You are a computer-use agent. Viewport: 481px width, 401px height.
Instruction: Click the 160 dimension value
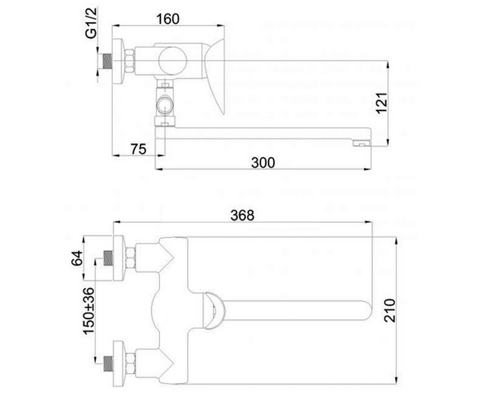click(x=168, y=19)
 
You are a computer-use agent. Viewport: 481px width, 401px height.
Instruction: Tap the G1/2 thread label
click(x=91, y=23)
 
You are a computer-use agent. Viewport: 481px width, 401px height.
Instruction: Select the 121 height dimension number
click(x=382, y=103)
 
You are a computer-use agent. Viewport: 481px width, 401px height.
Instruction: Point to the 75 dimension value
click(x=139, y=149)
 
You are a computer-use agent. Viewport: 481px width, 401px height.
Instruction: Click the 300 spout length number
click(x=263, y=163)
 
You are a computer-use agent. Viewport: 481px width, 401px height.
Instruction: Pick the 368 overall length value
click(x=243, y=215)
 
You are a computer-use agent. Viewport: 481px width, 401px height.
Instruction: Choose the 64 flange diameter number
click(x=77, y=258)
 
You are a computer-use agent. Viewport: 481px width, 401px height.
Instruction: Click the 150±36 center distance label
click(x=89, y=311)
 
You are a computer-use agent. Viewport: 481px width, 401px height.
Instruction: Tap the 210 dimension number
click(x=389, y=310)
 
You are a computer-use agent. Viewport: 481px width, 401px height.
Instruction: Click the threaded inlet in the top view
click(x=107, y=61)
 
